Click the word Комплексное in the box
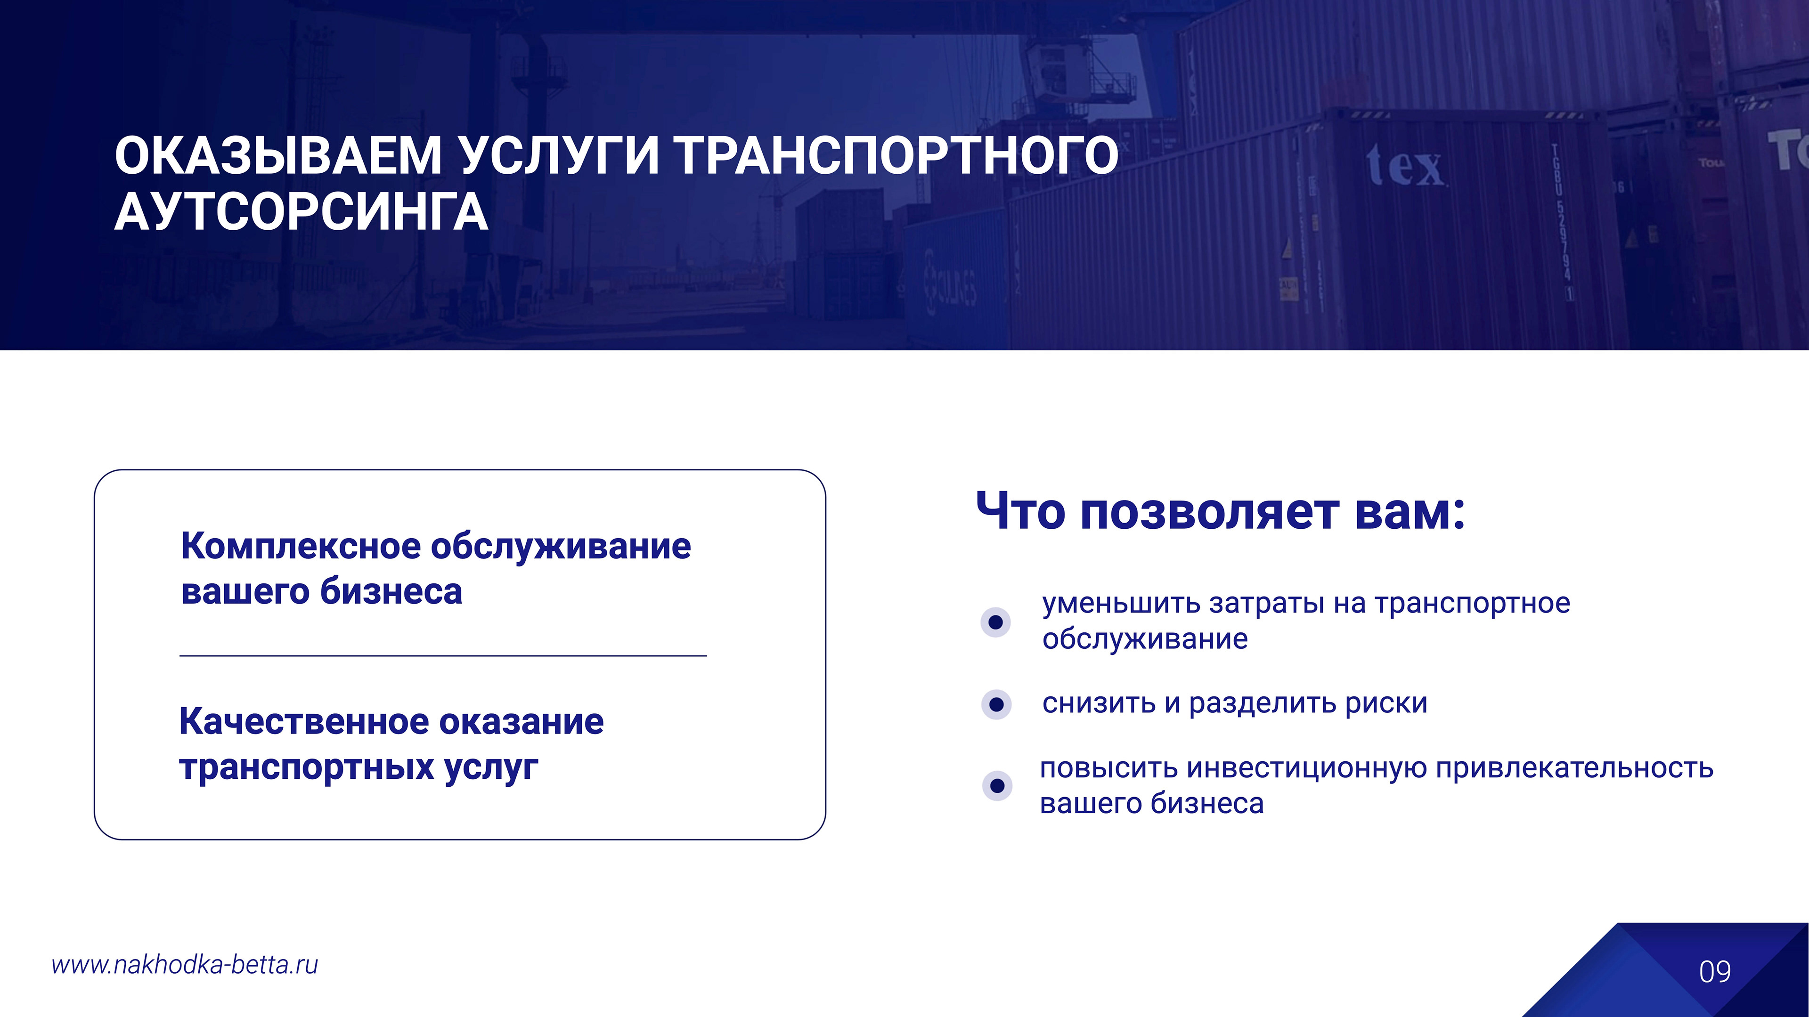pos(301,547)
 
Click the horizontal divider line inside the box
pos(443,655)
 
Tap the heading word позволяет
pos(1209,512)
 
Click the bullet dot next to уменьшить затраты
pos(995,622)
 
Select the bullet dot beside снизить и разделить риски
pos(996,704)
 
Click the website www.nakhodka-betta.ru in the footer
pos(185,965)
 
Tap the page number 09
pos(1715,972)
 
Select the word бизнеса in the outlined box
pos(391,591)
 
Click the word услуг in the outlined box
pos(491,767)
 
